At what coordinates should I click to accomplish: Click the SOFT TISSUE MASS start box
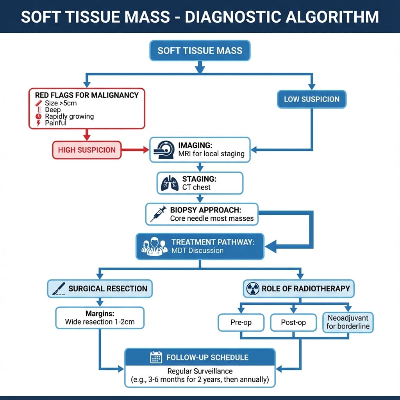(x=200, y=50)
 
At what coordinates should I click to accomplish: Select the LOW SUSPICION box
(x=311, y=99)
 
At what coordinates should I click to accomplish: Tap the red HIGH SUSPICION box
(x=87, y=150)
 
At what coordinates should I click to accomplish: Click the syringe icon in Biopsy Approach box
(x=157, y=214)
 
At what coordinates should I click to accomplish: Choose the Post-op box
(x=293, y=322)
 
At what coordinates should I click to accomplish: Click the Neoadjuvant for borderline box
(x=348, y=322)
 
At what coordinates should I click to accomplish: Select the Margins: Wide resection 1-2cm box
(x=100, y=318)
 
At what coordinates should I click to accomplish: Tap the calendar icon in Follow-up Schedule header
(x=156, y=357)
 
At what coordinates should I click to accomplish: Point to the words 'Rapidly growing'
(x=69, y=116)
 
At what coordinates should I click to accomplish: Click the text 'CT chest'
(x=196, y=187)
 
